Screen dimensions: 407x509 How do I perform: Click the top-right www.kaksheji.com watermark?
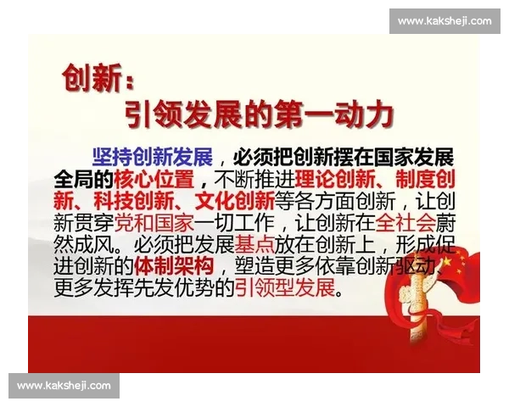[x=444, y=20]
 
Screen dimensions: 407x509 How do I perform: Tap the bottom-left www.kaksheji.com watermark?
[x=64, y=386]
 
